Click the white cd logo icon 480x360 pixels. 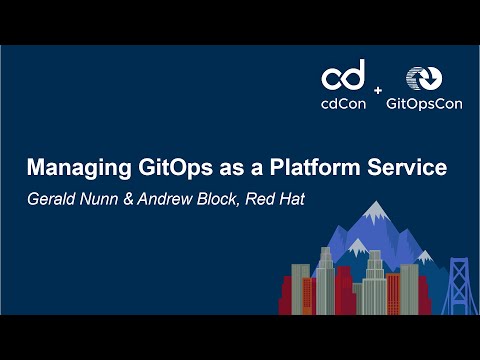[343, 76]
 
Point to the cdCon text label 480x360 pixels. [343, 102]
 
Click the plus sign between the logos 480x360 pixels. [377, 90]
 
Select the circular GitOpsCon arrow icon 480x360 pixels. [420, 79]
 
